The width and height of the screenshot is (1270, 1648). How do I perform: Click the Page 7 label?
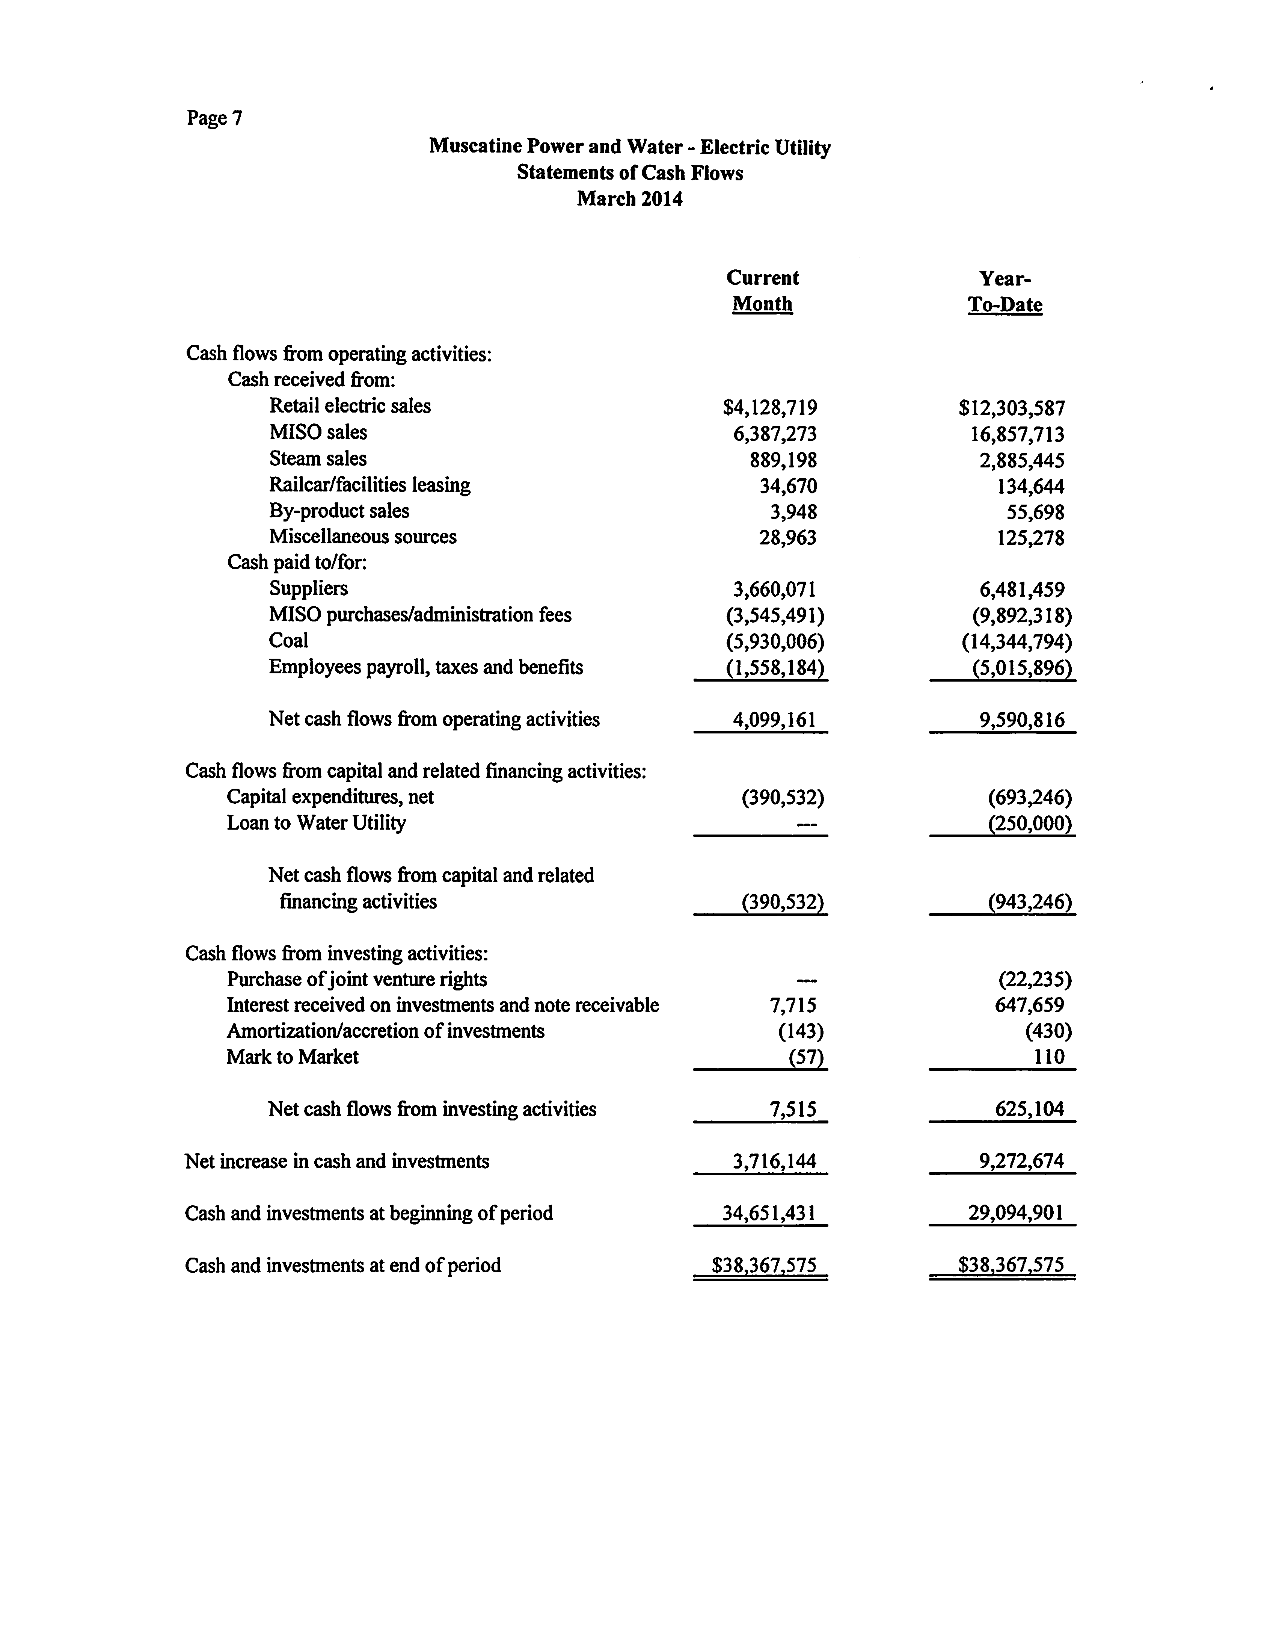pos(214,118)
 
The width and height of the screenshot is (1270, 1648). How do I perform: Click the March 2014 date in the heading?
pos(630,199)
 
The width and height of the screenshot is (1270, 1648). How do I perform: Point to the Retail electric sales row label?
pos(350,406)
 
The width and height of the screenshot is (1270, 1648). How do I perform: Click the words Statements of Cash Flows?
pos(630,173)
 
